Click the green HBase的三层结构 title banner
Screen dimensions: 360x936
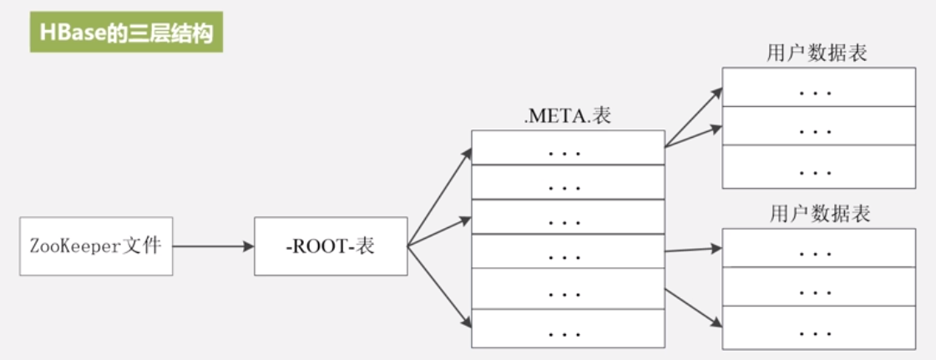click(x=126, y=32)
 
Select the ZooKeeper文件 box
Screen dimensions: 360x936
click(x=95, y=246)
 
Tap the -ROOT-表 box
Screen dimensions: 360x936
click(x=331, y=246)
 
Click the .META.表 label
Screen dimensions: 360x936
click(x=568, y=116)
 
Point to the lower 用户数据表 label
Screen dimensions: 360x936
click(x=819, y=214)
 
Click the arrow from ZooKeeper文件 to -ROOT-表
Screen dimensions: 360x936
click(x=213, y=246)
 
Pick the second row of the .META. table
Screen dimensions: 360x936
click(x=568, y=184)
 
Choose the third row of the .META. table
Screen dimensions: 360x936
click(x=568, y=219)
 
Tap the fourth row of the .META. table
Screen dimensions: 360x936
click(x=568, y=253)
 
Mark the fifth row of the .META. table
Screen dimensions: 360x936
click(x=568, y=290)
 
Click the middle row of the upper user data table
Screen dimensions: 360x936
click(x=818, y=126)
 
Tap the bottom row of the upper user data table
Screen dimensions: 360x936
click(x=818, y=167)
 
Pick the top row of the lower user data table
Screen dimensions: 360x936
click(x=818, y=249)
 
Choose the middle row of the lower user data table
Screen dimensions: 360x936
click(x=818, y=288)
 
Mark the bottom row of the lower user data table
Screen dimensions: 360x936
click(x=818, y=328)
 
